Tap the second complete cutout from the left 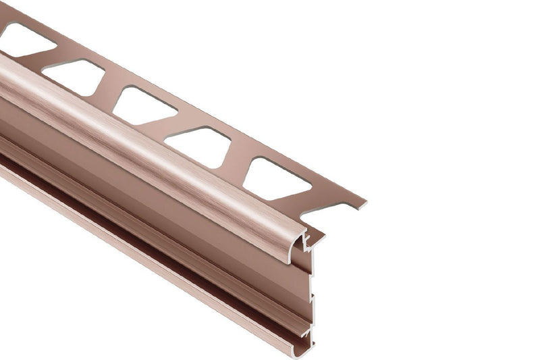tap(143, 105)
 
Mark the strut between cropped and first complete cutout tap(42, 59)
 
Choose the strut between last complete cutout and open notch tap(307, 197)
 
